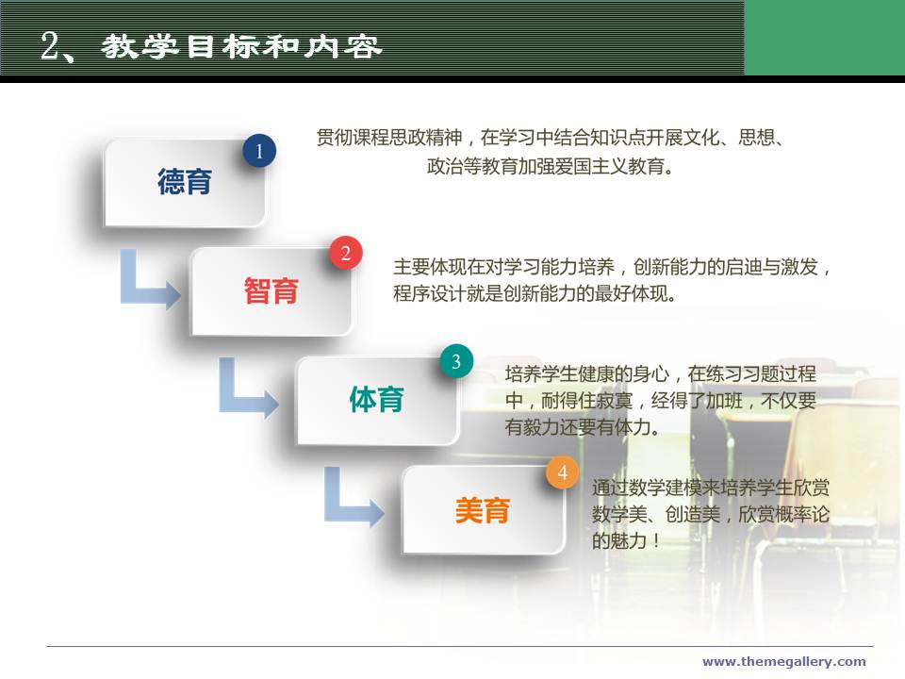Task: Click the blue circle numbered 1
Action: pyautogui.click(x=259, y=151)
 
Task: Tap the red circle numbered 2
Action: pyautogui.click(x=346, y=253)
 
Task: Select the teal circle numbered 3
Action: pyautogui.click(x=456, y=361)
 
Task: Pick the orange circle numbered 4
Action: pyautogui.click(x=562, y=472)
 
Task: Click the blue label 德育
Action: pyautogui.click(x=185, y=181)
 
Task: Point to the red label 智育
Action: pyautogui.click(x=271, y=290)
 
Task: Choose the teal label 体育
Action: pyautogui.click(x=376, y=400)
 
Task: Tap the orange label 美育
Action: pyautogui.click(x=483, y=510)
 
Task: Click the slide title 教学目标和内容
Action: pyautogui.click(x=242, y=47)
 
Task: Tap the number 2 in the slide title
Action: pyautogui.click(x=50, y=45)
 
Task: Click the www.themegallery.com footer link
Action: pyautogui.click(x=783, y=662)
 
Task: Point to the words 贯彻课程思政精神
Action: pyautogui.click(x=389, y=138)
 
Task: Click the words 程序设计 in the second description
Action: pyautogui.click(x=430, y=294)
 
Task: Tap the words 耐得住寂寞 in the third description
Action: pyautogui.click(x=586, y=401)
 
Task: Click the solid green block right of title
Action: pyautogui.click(x=825, y=38)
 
